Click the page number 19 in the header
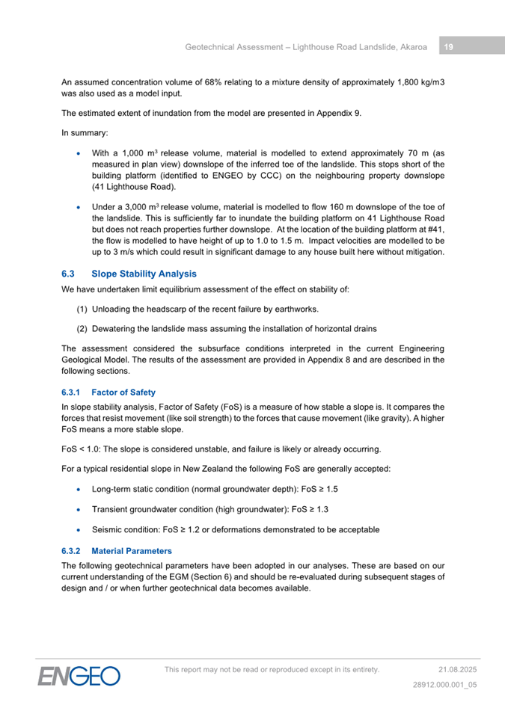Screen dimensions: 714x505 click(x=448, y=47)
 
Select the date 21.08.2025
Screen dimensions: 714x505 click(x=458, y=669)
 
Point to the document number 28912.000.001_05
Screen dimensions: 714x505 click(x=445, y=684)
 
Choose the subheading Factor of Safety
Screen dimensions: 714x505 click(x=123, y=392)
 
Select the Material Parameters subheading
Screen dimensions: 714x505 click(x=132, y=551)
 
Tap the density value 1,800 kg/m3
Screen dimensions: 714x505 click(x=412, y=81)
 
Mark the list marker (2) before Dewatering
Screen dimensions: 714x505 click(x=82, y=328)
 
